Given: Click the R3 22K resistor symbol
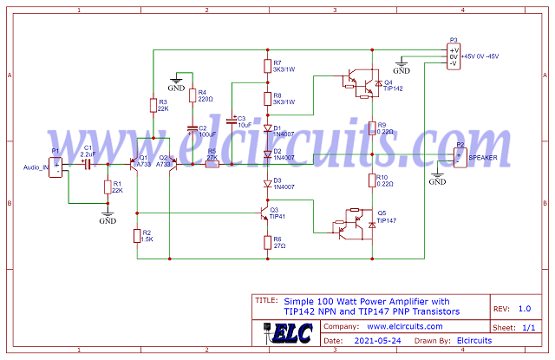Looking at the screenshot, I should (x=153, y=105).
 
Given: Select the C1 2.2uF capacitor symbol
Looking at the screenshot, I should (x=88, y=163).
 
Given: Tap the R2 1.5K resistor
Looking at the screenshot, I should (x=136, y=235).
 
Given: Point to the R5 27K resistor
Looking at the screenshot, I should (x=212, y=163).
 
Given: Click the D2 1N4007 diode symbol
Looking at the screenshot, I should (x=267, y=154).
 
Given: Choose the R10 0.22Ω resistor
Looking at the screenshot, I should (x=371, y=180).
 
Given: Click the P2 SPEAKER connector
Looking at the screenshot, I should (x=460, y=157).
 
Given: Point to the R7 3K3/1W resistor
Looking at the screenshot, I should (x=267, y=66).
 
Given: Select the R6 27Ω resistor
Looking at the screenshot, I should (x=267, y=242).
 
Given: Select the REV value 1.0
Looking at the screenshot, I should (x=524, y=309).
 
